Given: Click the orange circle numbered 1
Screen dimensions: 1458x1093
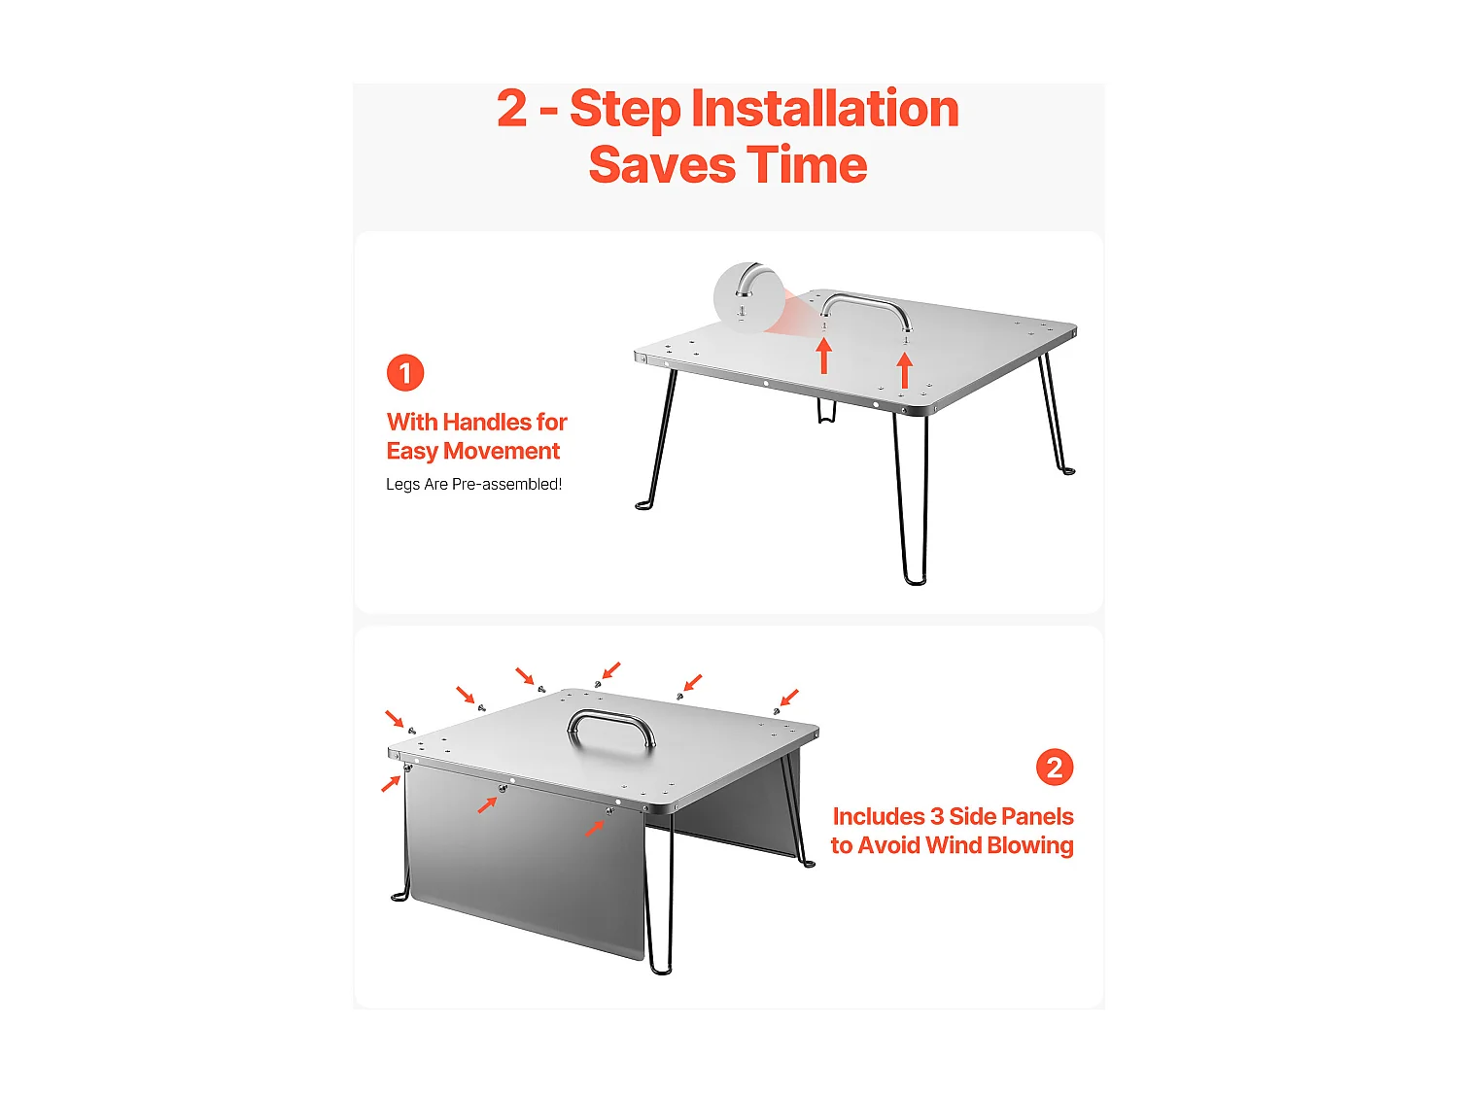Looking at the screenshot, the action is (405, 373).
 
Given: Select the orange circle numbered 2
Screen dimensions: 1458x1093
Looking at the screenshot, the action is (1055, 768).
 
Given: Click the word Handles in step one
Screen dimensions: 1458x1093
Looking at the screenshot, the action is (487, 422).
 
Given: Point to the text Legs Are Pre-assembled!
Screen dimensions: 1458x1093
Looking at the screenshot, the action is (473, 485).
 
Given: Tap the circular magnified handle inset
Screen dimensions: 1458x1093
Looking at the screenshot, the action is (748, 297).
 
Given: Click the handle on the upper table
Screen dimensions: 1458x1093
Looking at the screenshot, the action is (865, 307).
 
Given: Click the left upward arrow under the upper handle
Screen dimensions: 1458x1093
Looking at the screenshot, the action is (823, 356).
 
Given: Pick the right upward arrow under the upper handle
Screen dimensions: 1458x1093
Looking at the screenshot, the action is (905, 369).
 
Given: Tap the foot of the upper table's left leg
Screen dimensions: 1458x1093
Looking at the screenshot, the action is (643, 506).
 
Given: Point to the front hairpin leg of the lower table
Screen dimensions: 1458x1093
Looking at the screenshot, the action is (660, 893).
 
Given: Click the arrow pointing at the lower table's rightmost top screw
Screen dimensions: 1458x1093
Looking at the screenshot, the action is (788, 699).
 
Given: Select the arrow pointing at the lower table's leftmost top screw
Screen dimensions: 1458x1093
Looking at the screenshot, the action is (395, 719).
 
